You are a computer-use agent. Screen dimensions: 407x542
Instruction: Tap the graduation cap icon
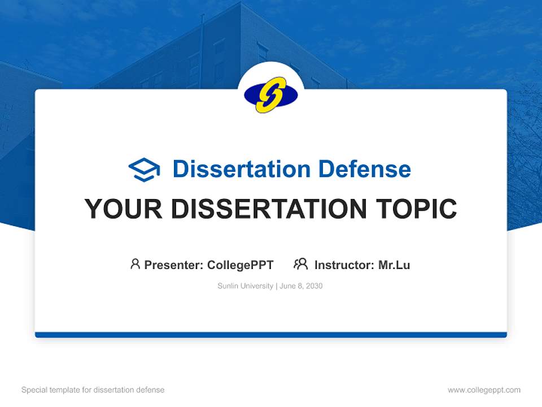click(144, 169)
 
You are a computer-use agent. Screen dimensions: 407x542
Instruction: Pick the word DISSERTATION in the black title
click(264, 209)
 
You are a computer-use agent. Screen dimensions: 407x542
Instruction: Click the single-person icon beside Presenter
click(135, 264)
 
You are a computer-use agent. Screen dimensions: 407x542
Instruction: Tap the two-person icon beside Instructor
click(300, 264)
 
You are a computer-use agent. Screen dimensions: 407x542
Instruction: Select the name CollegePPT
click(240, 265)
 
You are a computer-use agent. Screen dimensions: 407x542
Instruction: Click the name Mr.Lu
click(394, 265)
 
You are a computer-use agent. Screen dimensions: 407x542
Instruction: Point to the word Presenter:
click(174, 265)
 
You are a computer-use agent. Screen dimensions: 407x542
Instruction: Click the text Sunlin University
click(245, 286)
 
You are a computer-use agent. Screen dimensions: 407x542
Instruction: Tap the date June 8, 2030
click(301, 286)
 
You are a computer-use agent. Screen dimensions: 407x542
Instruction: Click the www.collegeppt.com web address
click(484, 390)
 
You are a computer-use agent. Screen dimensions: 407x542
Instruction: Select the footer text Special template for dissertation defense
click(93, 390)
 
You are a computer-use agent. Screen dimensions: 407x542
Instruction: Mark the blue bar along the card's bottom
click(271, 335)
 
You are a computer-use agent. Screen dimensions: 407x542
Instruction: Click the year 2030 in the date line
click(314, 286)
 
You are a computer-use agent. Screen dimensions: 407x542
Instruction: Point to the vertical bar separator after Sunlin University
click(276, 286)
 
